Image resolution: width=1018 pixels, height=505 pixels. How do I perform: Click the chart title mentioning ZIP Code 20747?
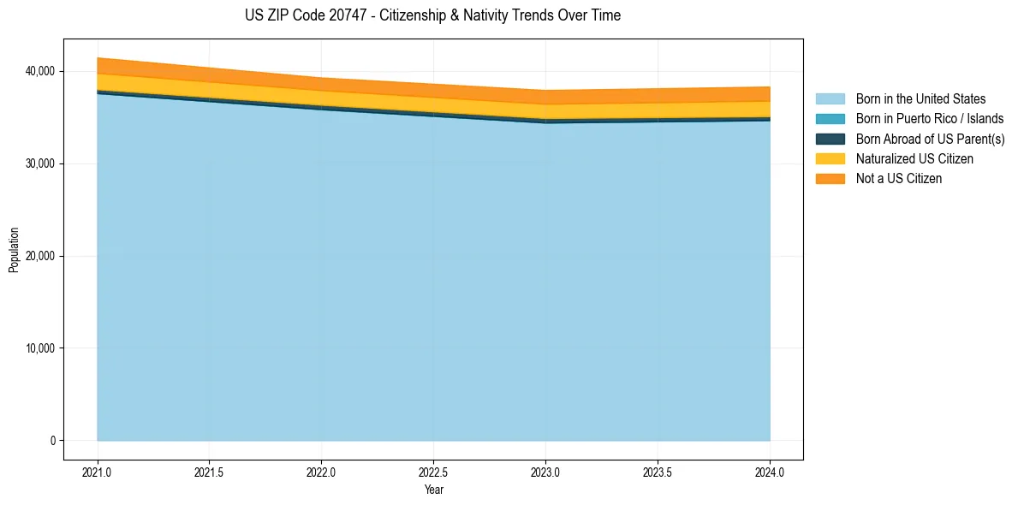tap(433, 15)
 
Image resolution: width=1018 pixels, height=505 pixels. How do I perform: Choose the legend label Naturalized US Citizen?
tap(914, 158)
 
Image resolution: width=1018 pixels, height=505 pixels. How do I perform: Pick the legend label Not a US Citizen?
tap(899, 178)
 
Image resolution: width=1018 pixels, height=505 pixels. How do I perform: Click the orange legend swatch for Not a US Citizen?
tap(830, 178)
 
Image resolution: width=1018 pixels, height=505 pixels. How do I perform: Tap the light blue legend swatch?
tap(830, 99)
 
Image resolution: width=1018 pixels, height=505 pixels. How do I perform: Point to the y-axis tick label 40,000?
tap(39, 71)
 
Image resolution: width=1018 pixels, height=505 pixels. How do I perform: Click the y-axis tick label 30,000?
tap(39, 163)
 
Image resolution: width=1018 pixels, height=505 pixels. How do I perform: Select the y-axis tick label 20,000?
tap(39, 256)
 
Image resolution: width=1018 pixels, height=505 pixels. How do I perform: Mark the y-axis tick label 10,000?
tap(39, 348)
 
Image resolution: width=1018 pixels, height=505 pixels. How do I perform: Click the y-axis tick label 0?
tap(51, 441)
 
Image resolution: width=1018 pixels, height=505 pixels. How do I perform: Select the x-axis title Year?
tap(434, 490)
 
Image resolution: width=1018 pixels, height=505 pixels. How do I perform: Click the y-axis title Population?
tap(14, 250)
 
